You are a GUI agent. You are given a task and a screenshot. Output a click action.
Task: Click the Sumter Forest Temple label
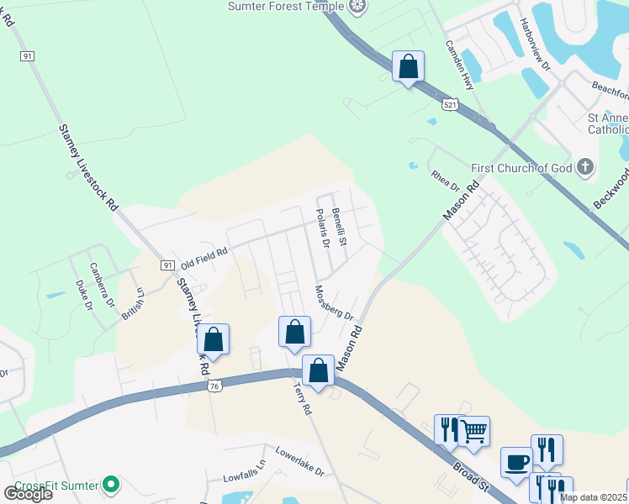click(286, 7)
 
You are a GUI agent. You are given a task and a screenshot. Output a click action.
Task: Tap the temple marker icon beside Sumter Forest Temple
click(358, 6)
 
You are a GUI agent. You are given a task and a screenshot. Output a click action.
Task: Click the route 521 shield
click(449, 103)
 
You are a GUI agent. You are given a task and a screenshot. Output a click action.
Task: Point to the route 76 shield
click(215, 385)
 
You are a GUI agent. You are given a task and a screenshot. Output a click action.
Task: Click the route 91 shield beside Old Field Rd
click(167, 265)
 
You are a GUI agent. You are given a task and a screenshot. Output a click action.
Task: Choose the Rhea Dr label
click(445, 178)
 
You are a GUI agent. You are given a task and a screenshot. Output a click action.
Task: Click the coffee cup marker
click(516, 462)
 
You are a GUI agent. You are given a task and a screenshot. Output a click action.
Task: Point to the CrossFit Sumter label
click(55, 485)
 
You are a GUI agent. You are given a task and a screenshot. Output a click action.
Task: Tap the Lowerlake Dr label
click(299, 466)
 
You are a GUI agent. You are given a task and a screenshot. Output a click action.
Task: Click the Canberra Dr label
click(102, 286)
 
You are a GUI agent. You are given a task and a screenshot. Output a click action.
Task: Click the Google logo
click(28, 494)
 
